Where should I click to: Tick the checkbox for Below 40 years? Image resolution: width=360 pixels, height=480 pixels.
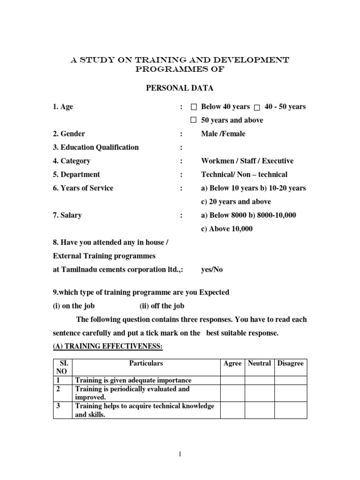coord(194,107)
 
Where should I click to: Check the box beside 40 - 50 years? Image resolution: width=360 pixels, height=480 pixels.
coord(256,107)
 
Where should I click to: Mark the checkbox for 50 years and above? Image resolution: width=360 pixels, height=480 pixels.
coord(193,120)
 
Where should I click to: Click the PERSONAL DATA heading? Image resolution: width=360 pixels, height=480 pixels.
coord(180,88)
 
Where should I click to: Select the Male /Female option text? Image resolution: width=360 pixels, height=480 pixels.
coord(223,134)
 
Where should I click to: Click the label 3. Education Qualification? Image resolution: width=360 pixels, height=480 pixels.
coord(96,147)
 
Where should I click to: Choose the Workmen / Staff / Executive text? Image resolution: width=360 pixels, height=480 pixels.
coord(247,161)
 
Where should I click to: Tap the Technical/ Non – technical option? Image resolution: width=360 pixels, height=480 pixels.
coord(244,174)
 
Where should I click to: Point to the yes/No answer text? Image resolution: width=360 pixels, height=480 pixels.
coord(212,270)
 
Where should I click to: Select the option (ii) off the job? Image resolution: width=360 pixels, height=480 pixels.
coord(162,306)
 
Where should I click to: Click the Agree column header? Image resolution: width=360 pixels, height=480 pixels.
coord(232,363)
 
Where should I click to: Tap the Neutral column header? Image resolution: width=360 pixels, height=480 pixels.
coord(259,363)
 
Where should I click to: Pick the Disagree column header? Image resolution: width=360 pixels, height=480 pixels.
coord(291,363)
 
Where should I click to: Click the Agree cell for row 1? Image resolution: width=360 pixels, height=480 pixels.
coord(232,380)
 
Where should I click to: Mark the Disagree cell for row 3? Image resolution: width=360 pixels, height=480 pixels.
coord(291,410)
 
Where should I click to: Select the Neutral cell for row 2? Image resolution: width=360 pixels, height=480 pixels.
coord(259,393)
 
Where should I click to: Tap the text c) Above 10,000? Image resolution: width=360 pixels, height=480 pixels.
coord(227,229)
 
